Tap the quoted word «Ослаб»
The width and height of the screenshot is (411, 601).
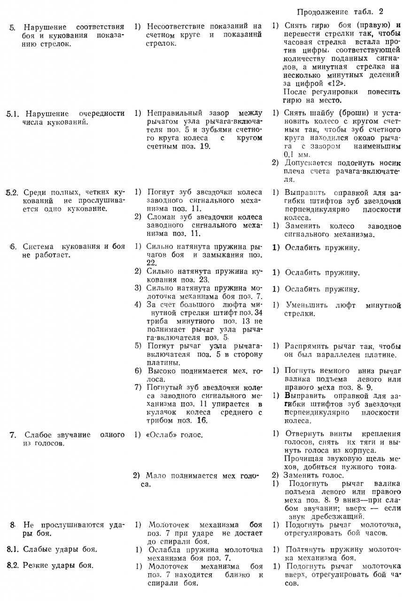(x=163, y=435)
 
